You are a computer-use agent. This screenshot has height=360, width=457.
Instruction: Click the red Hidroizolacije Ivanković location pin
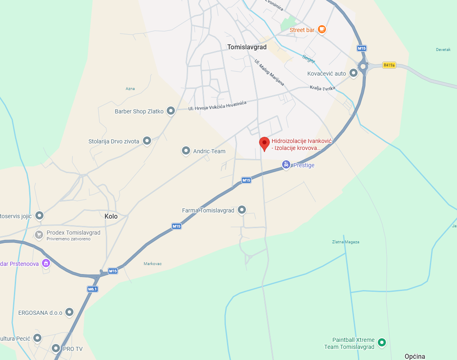point(264,143)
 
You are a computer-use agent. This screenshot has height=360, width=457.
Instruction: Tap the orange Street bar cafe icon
point(322,29)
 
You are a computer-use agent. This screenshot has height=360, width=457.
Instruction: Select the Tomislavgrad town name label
point(247,47)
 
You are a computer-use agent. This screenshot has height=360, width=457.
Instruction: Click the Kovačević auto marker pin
point(354,73)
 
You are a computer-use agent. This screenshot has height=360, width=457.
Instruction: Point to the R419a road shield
point(388,65)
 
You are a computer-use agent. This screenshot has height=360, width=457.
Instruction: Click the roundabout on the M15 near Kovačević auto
point(363,66)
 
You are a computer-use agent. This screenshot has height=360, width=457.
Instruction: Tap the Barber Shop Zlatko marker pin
point(171,111)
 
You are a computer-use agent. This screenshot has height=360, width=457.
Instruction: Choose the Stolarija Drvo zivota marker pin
point(147,141)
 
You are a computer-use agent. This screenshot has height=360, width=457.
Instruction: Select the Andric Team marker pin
point(186,151)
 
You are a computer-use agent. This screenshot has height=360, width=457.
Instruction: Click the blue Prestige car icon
point(286,165)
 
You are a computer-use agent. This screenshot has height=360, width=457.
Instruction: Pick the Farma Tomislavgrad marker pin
point(242,210)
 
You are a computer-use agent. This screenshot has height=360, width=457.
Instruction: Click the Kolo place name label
point(111,216)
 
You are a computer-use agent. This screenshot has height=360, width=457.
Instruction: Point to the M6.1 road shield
point(92,289)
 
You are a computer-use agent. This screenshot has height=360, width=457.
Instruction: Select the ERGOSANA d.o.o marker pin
point(69,312)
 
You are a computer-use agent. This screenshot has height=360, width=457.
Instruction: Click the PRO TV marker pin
point(56,348)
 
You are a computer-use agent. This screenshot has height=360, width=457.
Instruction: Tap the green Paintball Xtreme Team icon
point(382,342)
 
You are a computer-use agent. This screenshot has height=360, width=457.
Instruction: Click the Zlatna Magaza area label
point(346,242)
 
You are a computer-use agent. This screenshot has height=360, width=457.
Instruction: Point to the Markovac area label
point(153,263)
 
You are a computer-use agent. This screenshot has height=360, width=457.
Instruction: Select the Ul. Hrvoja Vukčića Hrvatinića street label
point(217,105)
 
